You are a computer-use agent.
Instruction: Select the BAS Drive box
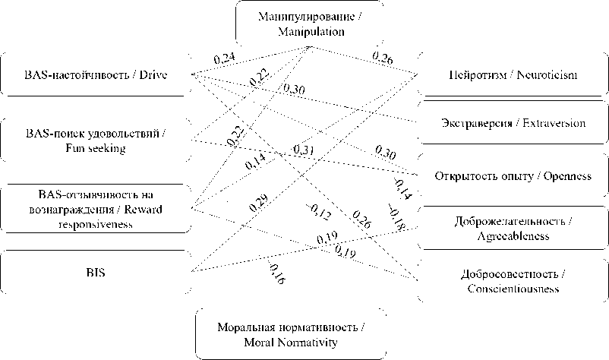click(95, 75)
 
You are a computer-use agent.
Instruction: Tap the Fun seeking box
click(95, 141)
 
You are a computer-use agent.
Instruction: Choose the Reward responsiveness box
click(95, 207)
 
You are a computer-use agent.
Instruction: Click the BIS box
click(95, 271)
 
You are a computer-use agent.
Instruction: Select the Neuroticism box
click(513, 75)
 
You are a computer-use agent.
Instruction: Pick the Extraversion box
click(513, 122)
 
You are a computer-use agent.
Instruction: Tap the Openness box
click(513, 176)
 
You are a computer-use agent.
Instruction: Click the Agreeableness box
click(513, 228)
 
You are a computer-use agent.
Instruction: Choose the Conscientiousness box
click(513, 281)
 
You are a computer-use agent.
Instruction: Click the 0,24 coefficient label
click(224, 59)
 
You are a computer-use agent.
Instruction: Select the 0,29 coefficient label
click(260, 203)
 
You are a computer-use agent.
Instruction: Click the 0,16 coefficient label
click(277, 274)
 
